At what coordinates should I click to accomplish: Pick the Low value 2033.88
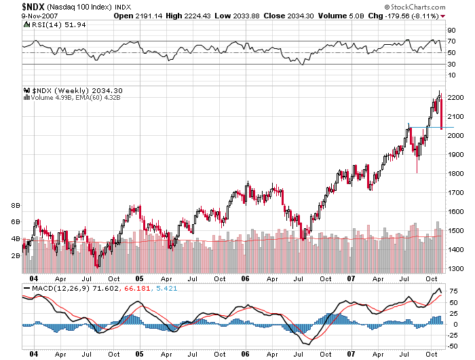pyautogui.click(x=241, y=15)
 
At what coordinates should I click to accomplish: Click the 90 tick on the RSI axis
pyautogui.click(x=451, y=31)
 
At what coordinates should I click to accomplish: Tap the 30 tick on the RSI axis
pyautogui.click(x=451, y=64)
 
